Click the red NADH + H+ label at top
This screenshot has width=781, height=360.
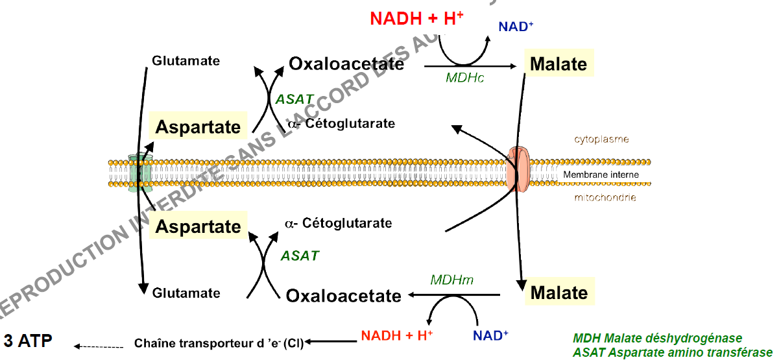pos(416,18)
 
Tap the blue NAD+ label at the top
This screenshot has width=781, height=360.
pos(516,27)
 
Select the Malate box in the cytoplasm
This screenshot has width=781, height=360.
pos(558,64)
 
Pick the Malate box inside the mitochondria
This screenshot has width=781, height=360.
pos(559,292)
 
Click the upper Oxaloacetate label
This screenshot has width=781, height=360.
pos(346,64)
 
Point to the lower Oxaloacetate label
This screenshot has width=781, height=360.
pos(343,296)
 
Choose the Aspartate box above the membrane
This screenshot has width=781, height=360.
pos(198,126)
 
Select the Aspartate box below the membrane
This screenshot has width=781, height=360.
pos(198,226)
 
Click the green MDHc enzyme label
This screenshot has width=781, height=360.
pos(465,78)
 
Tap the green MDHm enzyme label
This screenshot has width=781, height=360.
pos(452,280)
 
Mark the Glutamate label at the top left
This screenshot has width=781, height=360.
pos(186,61)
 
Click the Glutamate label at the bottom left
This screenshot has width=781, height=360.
pos(186,293)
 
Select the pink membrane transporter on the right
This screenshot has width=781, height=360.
pos(519,170)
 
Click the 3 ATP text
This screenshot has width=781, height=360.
pos(28,342)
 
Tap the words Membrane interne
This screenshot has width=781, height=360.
pos(601,174)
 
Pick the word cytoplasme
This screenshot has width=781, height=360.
pos(601,139)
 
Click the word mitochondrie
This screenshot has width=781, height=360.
pos(604,197)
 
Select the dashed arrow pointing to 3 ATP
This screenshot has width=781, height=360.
pos(99,346)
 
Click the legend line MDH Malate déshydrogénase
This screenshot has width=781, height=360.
pos(657,339)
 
